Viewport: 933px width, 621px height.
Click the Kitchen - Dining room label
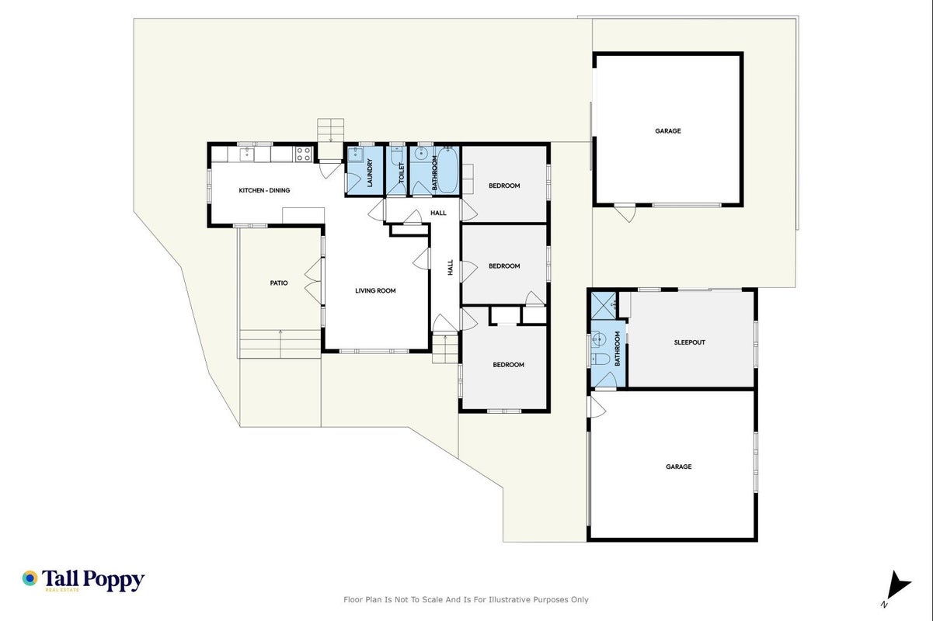(x=264, y=190)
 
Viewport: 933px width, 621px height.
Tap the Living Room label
(x=375, y=290)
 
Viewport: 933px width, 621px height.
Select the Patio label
(x=279, y=283)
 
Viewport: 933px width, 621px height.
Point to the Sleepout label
(x=689, y=342)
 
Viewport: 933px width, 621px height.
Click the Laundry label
(x=369, y=172)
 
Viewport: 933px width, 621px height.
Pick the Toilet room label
(x=402, y=172)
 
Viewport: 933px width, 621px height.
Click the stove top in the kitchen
(x=303, y=154)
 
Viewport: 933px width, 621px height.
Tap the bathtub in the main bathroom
(x=447, y=170)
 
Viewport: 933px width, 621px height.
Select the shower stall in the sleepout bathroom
(x=603, y=306)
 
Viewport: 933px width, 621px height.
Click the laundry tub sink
(x=355, y=154)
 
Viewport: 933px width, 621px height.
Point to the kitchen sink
(x=246, y=154)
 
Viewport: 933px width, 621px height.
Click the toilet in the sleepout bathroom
(x=601, y=358)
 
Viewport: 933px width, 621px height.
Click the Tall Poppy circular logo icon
(x=30, y=578)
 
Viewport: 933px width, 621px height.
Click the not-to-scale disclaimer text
(x=465, y=599)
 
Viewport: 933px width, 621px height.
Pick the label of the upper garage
(x=667, y=130)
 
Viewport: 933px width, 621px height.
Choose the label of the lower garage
(x=678, y=467)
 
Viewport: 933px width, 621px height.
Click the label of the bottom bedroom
(x=508, y=365)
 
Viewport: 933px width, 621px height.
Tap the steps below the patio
(x=280, y=344)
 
